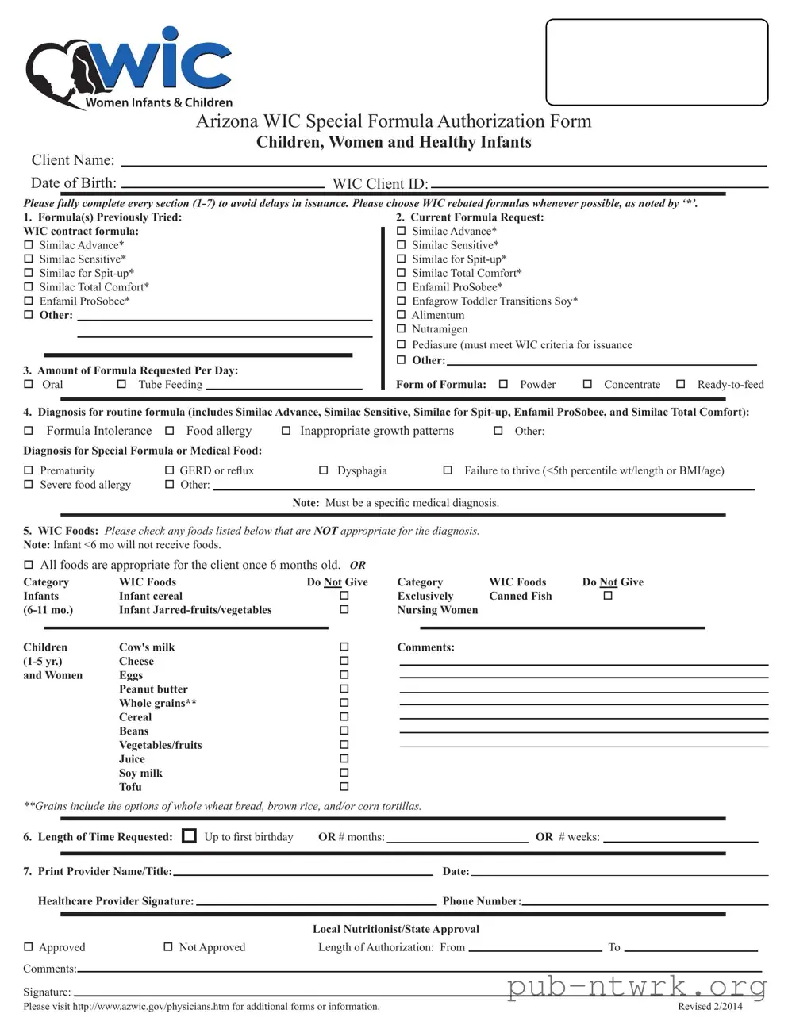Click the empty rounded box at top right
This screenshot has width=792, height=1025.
coord(656,62)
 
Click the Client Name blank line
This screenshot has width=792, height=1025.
coord(442,162)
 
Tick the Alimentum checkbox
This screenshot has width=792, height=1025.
coord(401,315)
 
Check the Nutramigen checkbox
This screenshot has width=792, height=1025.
coord(401,329)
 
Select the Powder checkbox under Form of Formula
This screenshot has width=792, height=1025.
coord(503,384)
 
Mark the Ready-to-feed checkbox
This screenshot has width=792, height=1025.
coord(680,384)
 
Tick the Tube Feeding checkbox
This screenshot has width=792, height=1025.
coord(121,384)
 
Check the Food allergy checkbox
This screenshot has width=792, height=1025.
coord(169,431)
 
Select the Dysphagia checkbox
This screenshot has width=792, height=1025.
coord(323,470)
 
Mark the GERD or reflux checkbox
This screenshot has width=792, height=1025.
coord(169,470)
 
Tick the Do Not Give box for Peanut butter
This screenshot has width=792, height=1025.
coord(344,689)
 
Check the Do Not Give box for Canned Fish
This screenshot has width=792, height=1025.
coord(608,596)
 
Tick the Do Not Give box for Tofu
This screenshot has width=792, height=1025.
coord(344,787)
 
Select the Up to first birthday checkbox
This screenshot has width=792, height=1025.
coord(189,836)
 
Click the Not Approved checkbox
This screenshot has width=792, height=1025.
coord(168,947)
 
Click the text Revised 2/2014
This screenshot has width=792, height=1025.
coord(709,1007)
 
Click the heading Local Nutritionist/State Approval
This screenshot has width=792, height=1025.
coord(395,929)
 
